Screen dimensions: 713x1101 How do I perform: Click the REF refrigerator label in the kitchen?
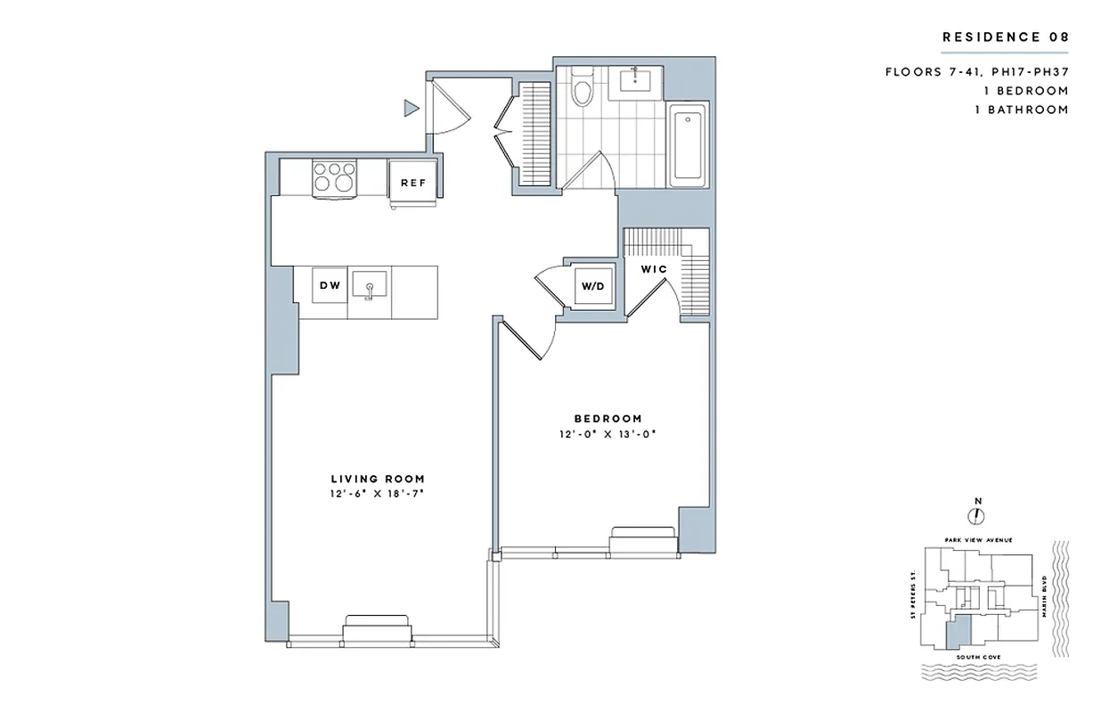click(x=413, y=183)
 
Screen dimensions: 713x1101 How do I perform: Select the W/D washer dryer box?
click(x=591, y=287)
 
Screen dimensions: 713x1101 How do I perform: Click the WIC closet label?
click(x=654, y=268)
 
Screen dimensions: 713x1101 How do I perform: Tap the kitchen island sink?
click(x=368, y=286)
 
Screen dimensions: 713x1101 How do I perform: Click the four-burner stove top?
click(x=334, y=176)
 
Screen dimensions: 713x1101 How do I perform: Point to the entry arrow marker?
click(x=411, y=109)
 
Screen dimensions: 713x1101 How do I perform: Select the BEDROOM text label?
click(x=608, y=419)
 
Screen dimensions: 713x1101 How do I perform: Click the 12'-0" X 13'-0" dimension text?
click(x=608, y=434)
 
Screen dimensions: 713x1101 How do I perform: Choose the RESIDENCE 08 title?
click(x=1004, y=37)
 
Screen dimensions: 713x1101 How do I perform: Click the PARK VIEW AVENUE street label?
click(x=977, y=540)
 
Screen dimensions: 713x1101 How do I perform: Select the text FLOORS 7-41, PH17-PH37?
click(x=976, y=72)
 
